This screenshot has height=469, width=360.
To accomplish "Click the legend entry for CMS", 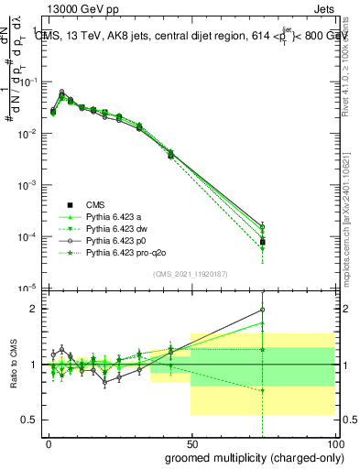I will (94, 204).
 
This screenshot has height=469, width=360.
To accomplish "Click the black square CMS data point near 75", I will (263, 242).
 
